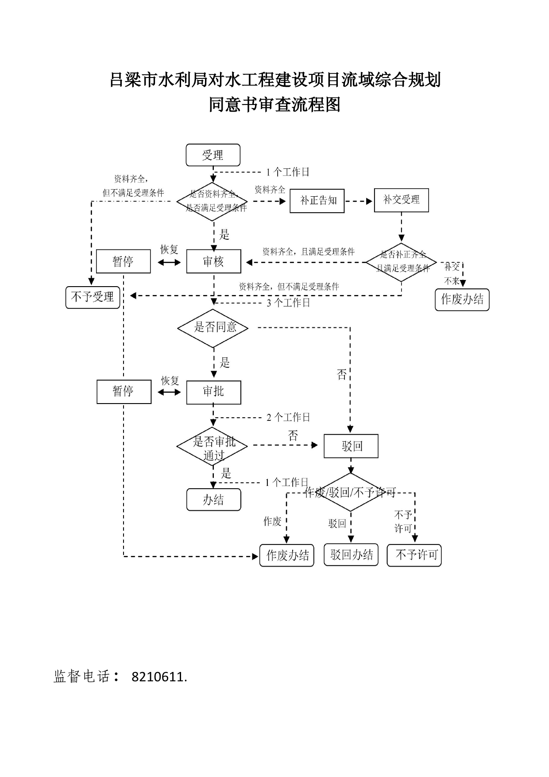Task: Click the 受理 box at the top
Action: (213, 155)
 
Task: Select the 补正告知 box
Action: (317, 201)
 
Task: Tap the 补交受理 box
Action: (402, 200)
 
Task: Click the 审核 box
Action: (214, 261)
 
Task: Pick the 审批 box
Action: (214, 392)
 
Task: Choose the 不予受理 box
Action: (93, 297)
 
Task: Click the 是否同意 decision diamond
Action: (213, 328)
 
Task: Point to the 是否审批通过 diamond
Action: (213, 447)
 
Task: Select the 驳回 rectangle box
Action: (351, 446)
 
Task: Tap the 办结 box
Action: (214, 500)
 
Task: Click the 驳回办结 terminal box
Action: (352, 555)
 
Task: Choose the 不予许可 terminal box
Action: (414, 555)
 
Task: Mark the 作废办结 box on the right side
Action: (462, 299)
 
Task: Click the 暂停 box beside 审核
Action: (124, 261)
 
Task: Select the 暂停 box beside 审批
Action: (124, 392)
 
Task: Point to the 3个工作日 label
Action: (288, 303)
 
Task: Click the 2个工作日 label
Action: (288, 417)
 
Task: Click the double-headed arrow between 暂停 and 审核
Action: (169, 263)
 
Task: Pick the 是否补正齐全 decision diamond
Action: (402, 262)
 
